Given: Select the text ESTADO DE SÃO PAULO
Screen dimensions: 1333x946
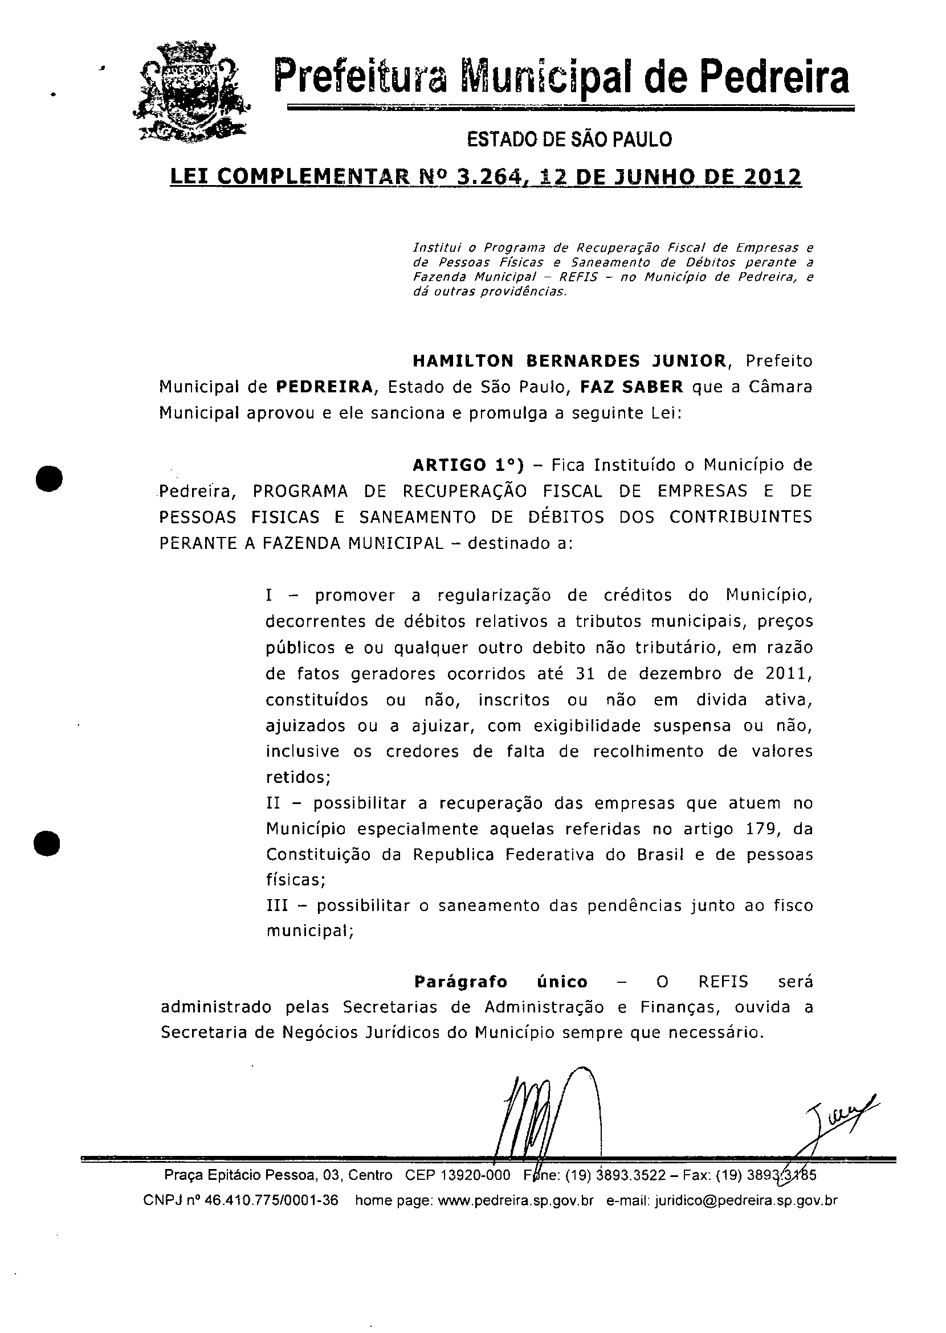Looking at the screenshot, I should point(569,140).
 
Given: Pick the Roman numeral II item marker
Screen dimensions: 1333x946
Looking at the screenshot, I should point(273,803).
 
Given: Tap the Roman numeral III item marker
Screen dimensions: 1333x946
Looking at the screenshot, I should point(277,906).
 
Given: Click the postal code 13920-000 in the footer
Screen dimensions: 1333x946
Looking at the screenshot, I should point(474,1175).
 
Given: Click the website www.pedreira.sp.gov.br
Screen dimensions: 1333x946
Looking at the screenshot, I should point(515,1200).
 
